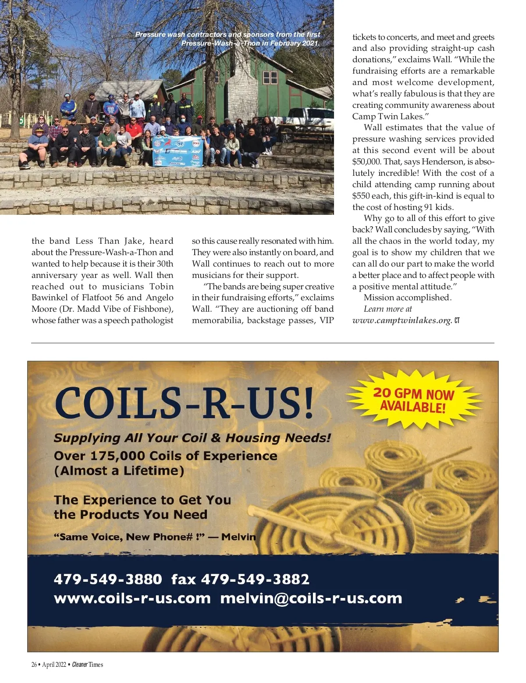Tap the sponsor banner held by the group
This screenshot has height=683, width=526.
point(177,151)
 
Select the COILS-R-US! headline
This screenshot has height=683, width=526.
point(184,402)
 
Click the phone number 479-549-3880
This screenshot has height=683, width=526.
point(108,579)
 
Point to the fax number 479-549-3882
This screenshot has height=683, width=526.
point(255,579)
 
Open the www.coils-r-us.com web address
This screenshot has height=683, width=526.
point(132,598)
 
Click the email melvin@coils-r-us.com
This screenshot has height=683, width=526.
point(311,598)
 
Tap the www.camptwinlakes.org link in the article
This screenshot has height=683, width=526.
point(402,320)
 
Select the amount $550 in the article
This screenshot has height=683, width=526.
point(361,196)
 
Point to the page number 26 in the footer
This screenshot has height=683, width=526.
point(34,665)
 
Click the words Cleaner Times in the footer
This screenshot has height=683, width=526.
point(88,665)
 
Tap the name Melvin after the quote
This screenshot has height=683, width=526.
point(239,537)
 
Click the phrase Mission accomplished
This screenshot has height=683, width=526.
point(407,298)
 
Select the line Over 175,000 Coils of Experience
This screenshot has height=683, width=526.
point(165,456)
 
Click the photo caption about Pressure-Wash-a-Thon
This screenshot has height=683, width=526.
point(228,39)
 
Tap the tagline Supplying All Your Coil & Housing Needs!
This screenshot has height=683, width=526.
point(192,438)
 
